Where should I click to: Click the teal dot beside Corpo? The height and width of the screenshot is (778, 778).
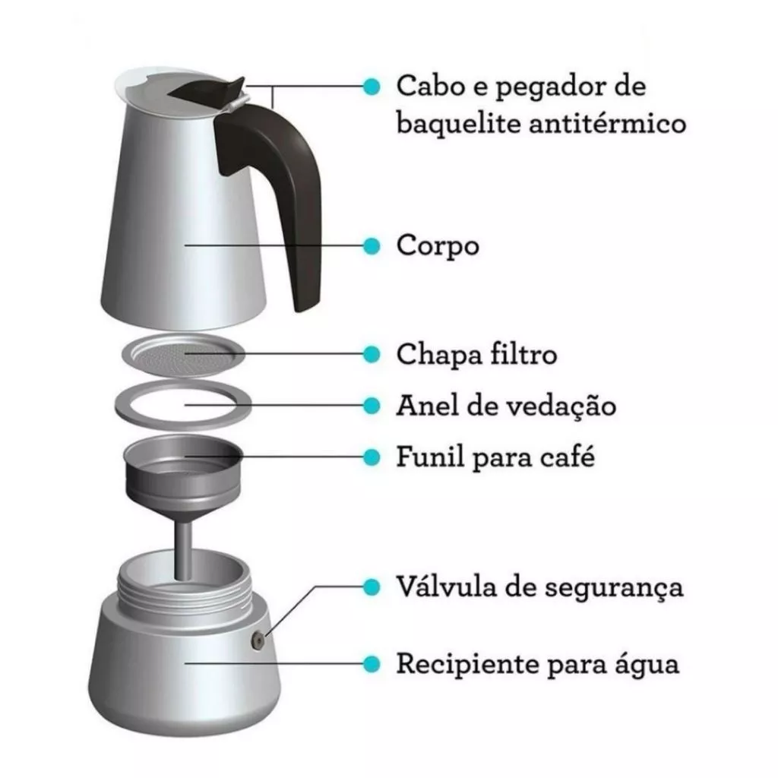tap(372, 245)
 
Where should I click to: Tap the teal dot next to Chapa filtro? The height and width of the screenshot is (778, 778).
tap(372, 354)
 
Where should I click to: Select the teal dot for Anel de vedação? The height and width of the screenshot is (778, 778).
tap(372, 406)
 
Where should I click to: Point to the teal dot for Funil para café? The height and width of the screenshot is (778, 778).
tap(372, 457)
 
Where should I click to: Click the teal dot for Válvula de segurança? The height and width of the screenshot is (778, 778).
tap(372, 587)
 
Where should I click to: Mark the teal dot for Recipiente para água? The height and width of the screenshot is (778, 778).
tap(372, 663)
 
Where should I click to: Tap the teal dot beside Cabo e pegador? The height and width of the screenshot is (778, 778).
tap(372, 87)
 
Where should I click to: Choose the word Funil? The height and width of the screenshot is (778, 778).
tap(430, 457)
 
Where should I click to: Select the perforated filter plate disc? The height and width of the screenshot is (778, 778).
tap(184, 355)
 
